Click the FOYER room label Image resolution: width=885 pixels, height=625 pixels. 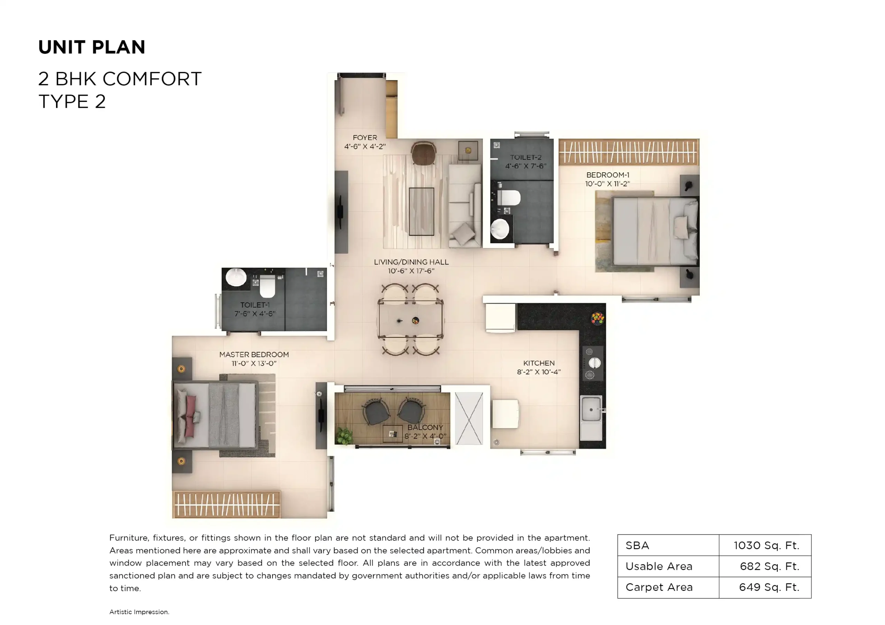(x=365, y=137)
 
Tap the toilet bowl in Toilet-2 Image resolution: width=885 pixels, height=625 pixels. (x=509, y=198)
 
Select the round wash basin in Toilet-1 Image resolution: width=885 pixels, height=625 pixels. (x=236, y=277)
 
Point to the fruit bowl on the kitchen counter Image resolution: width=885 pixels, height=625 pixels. (x=597, y=318)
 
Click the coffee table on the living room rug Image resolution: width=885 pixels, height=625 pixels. (x=421, y=211)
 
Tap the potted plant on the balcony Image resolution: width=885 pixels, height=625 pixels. (x=344, y=437)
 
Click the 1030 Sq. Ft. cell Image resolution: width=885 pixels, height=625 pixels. (x=766, y=545)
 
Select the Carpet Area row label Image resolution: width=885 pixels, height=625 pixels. (x=659, y=587)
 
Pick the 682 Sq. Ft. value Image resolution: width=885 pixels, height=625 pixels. (x=769, y=566)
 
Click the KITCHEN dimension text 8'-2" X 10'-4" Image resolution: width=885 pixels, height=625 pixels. (x=539, y=372)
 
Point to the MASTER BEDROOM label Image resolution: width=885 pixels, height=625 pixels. (x=254, y=354)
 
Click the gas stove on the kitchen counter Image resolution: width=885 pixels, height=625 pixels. (x=593, y=363)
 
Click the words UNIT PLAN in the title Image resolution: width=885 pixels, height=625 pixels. (x=92, y=47)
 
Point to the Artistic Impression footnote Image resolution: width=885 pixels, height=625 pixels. (x=139, y=612)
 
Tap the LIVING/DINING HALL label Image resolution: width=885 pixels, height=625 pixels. (x=411, y=262)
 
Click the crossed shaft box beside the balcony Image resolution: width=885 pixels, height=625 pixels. (x=469, y=418)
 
